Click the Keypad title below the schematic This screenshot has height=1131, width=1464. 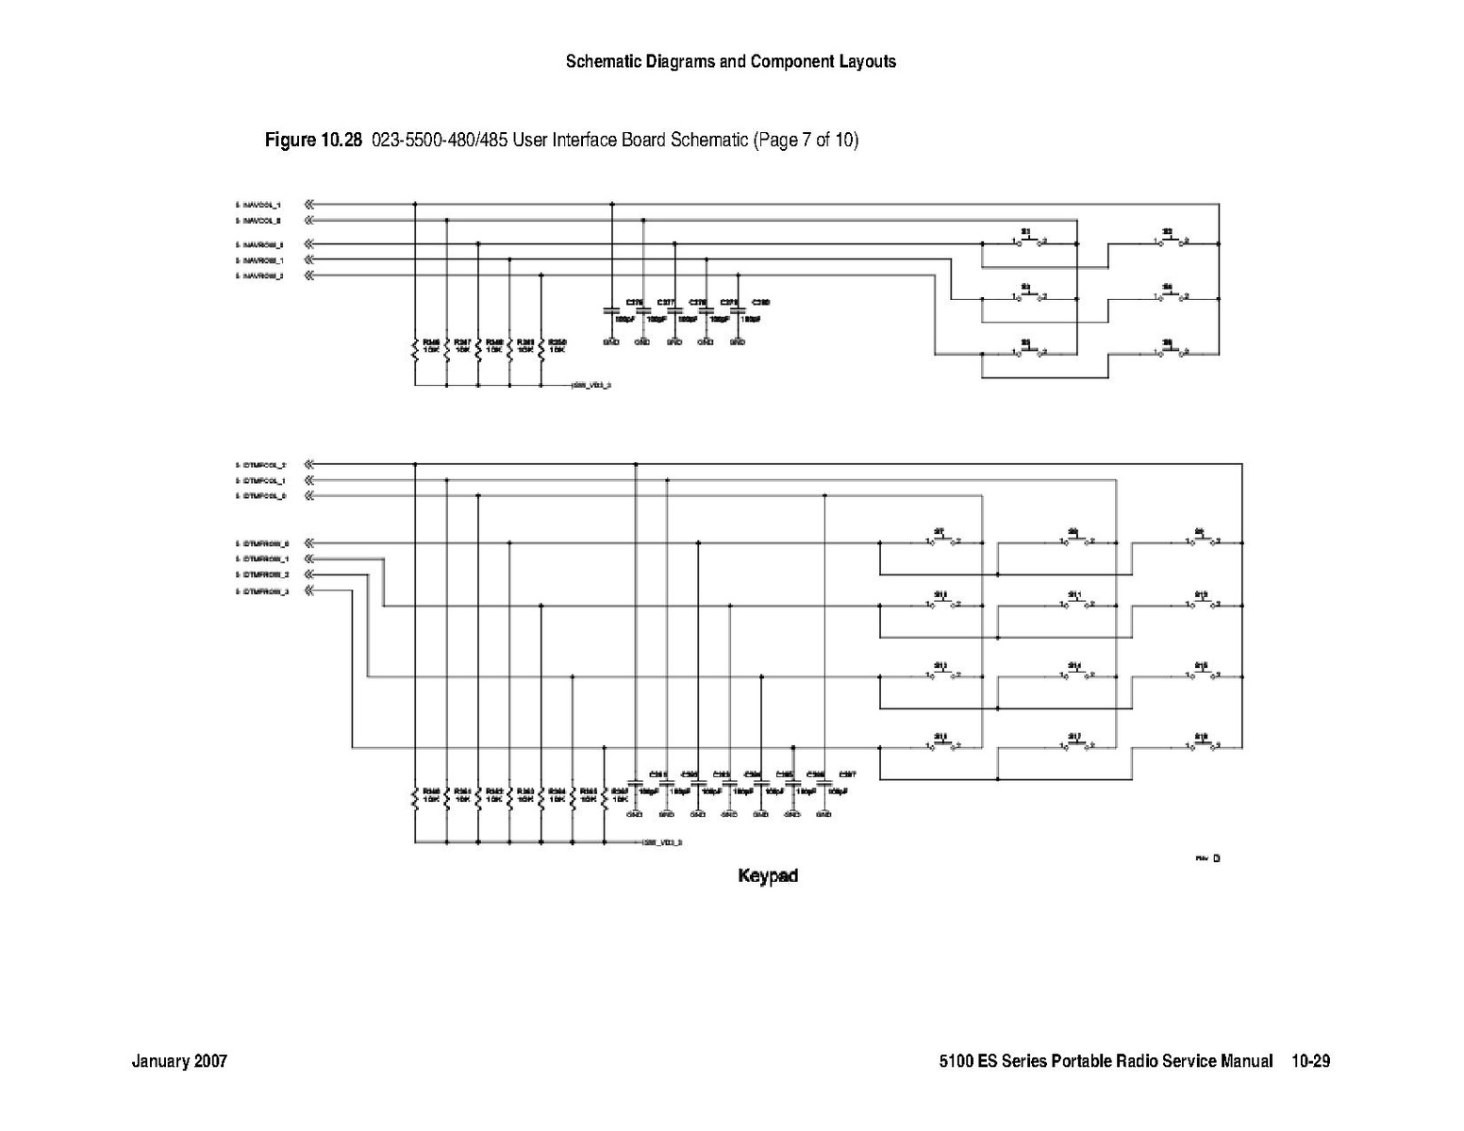point(767,875)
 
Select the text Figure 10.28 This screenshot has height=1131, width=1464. point(313,141)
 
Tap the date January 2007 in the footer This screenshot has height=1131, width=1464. point(179,1061)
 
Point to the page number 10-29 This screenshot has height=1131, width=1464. point(1311,1061)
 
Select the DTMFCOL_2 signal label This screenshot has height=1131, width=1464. point(262,465)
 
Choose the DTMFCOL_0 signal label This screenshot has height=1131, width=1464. point(262,495)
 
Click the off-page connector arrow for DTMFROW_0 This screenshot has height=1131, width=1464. point(309,543)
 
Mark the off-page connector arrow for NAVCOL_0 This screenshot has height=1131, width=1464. point(309,220)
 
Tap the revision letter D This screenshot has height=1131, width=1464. point(1216,858)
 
